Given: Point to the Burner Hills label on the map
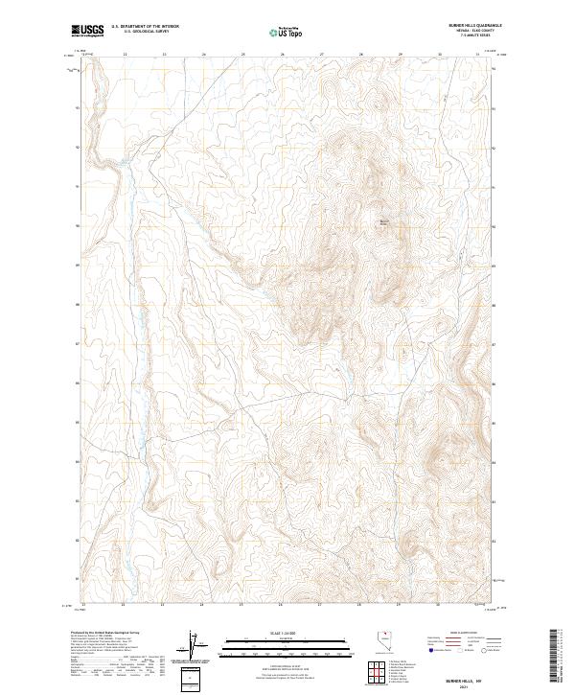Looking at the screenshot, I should click(x=384, y=224).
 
